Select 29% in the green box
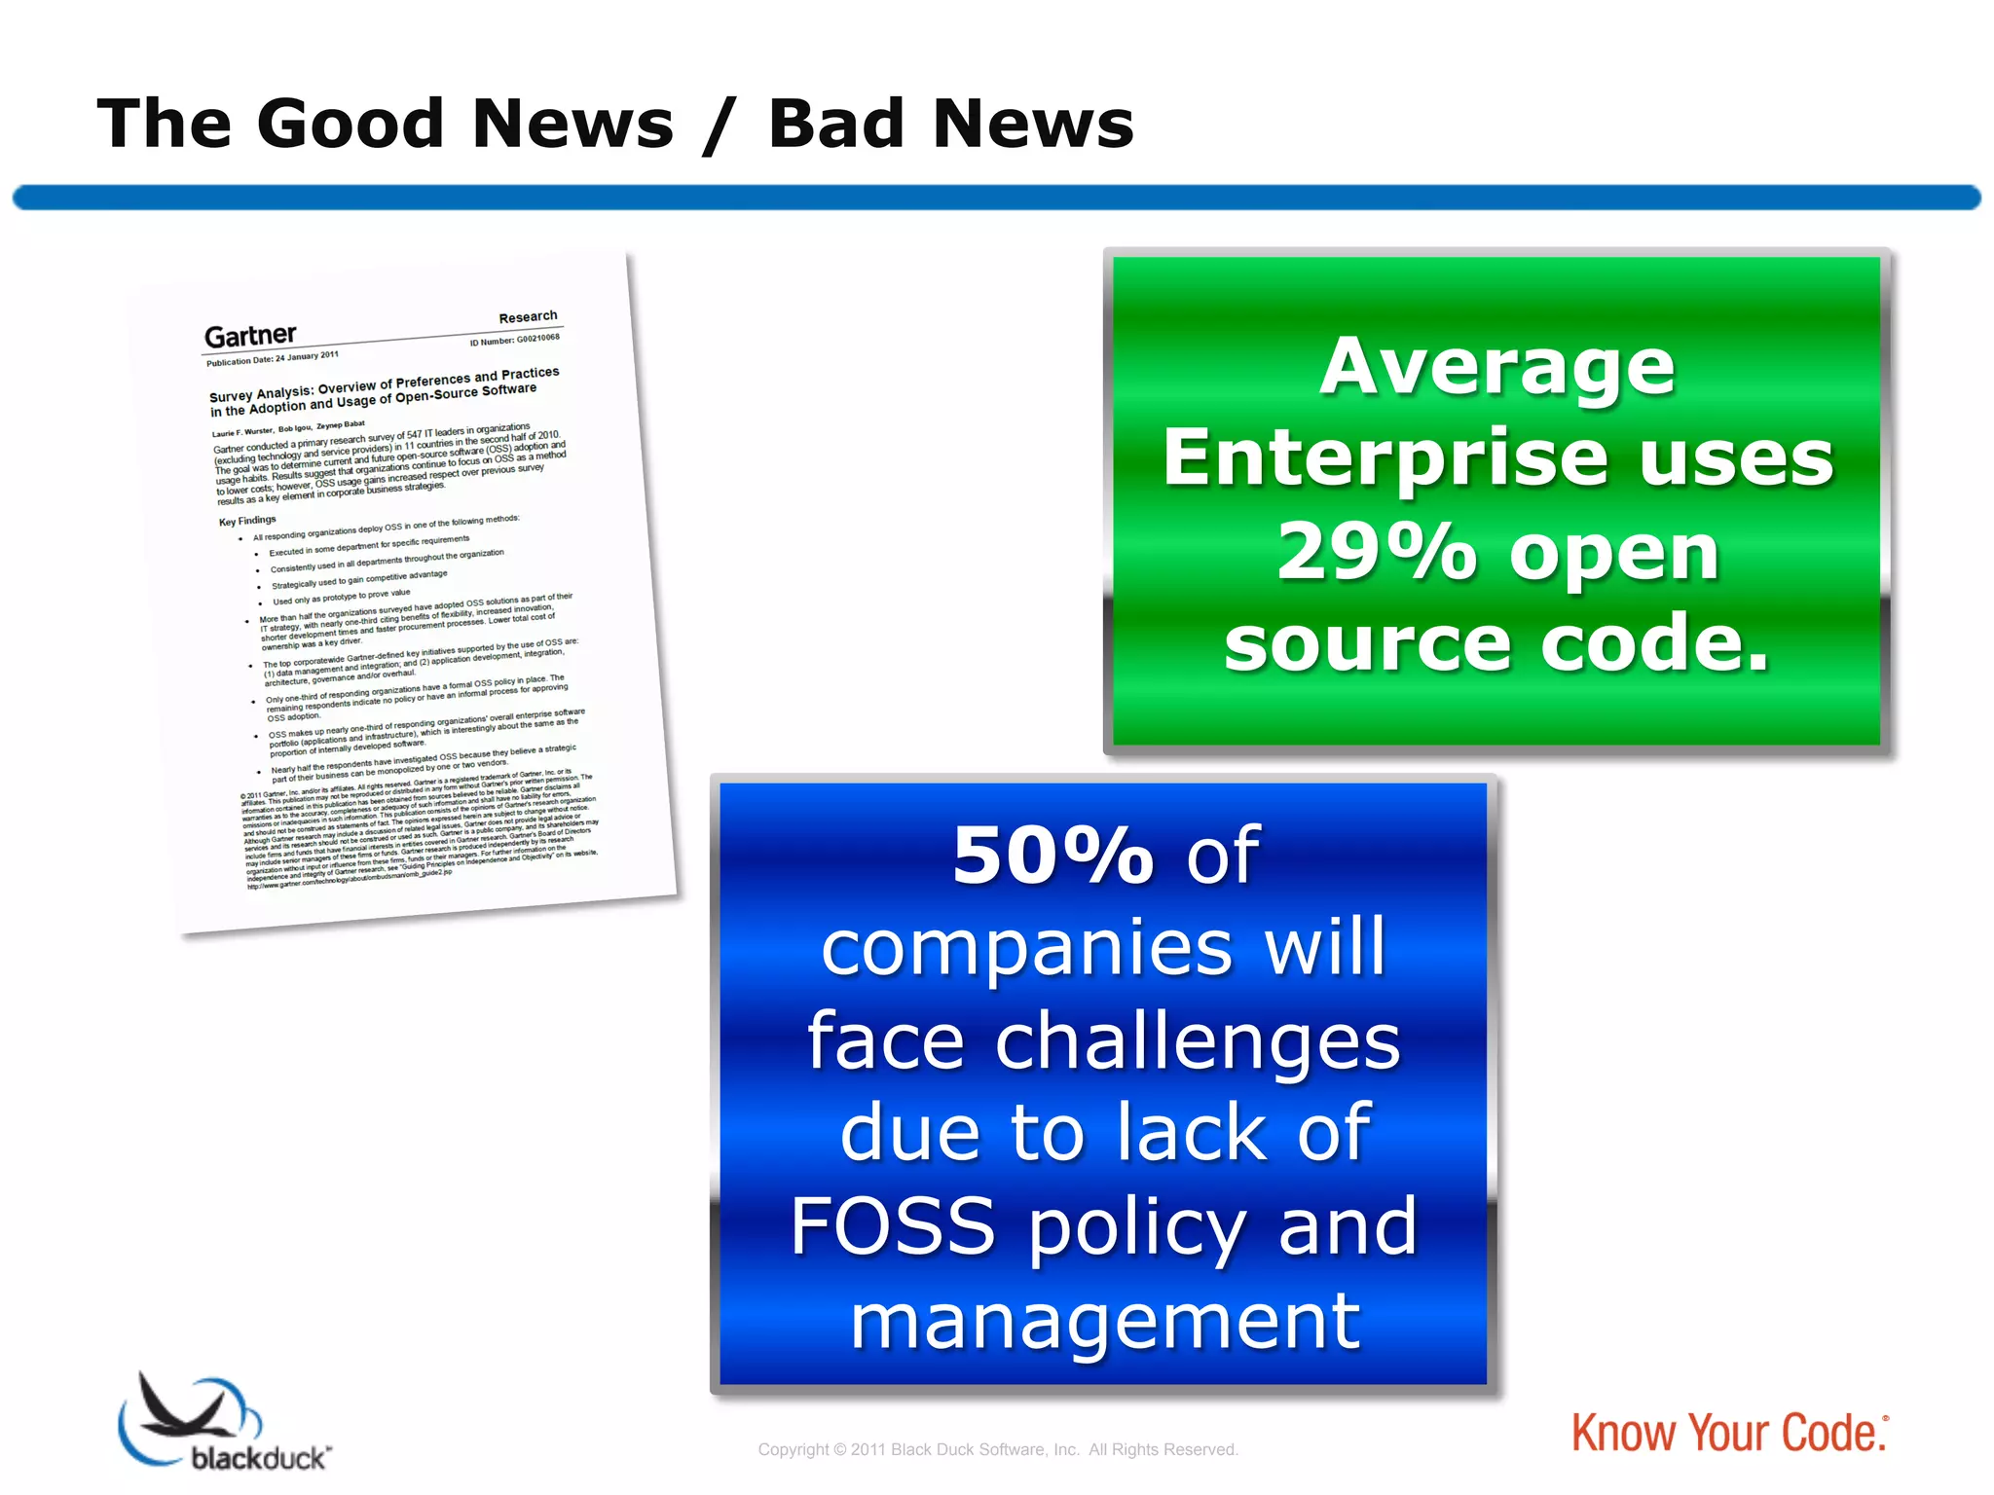tap(1376, 552)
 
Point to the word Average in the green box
tap(1496, 367)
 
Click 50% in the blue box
tap(1052, 856)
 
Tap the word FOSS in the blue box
tap(893, 1226)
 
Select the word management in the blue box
tap(1104, 1321)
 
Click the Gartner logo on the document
tap(250, 336)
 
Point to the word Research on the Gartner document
tap(528, 316)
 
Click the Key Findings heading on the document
tap(247, 521)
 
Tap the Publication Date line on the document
tap(272, 358)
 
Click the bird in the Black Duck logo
tap(185, 1409)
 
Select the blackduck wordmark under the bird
tap(259, 1458)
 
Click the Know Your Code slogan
tap(1728, 1434)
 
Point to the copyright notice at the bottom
tap(997, 1449)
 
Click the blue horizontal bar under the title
tap(997, 198)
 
